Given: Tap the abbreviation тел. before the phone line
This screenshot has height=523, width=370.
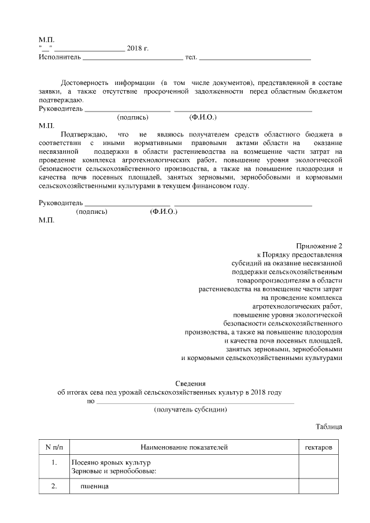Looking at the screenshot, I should pos(191,57).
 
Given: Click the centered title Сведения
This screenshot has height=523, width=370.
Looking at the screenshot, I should pos(190,383).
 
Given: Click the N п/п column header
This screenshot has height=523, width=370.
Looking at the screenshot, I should pos(54,447).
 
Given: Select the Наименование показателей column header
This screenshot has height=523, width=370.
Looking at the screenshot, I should pos(184,447).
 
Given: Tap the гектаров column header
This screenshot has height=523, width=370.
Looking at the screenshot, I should pos(318,447).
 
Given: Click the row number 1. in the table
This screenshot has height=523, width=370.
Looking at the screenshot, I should pos(54,463).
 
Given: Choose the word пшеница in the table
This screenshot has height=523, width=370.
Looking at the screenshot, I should pos(95,487).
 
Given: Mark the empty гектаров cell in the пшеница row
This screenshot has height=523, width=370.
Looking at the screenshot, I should pos(318,487).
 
